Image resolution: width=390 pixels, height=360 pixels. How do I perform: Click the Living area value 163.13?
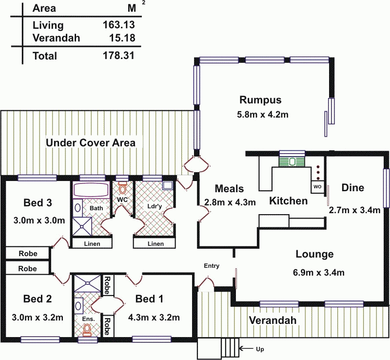[118, 25]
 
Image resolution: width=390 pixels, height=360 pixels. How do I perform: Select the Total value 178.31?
[118, 56]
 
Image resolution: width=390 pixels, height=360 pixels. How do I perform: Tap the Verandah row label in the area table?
[56, 38]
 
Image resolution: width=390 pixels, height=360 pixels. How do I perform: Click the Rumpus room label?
[260, 100]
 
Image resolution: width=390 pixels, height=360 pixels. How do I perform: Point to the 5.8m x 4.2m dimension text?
[260, 115]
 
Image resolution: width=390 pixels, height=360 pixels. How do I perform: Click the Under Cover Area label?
[90, 143]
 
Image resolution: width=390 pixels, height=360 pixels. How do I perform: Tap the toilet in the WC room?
[123, 187]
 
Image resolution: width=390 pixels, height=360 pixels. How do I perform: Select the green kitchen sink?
[292, 161]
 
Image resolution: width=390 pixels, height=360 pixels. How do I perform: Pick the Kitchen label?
[289, 201]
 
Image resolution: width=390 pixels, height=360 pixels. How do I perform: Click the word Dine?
[352, 188]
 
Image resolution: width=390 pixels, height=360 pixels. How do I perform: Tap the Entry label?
[212, 266]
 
